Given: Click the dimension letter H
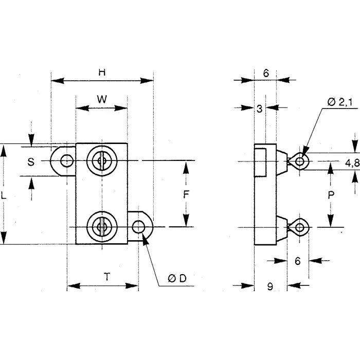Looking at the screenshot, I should [102, 73].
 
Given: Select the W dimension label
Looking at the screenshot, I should [102, 99].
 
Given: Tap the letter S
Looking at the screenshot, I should [31, 161].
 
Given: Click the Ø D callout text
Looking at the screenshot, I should [176, 278].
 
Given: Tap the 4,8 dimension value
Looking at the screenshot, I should [352, 163].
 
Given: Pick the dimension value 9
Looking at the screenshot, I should [270, 287].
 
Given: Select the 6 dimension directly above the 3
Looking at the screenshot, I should [266, 73].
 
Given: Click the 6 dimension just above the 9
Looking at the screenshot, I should [297, 261].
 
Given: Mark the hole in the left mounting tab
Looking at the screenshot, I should [65, 161].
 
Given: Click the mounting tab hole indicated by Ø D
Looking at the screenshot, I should [138, 227].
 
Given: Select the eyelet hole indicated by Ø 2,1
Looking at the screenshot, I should [301, 161].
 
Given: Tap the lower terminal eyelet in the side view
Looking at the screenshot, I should [301, 227].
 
